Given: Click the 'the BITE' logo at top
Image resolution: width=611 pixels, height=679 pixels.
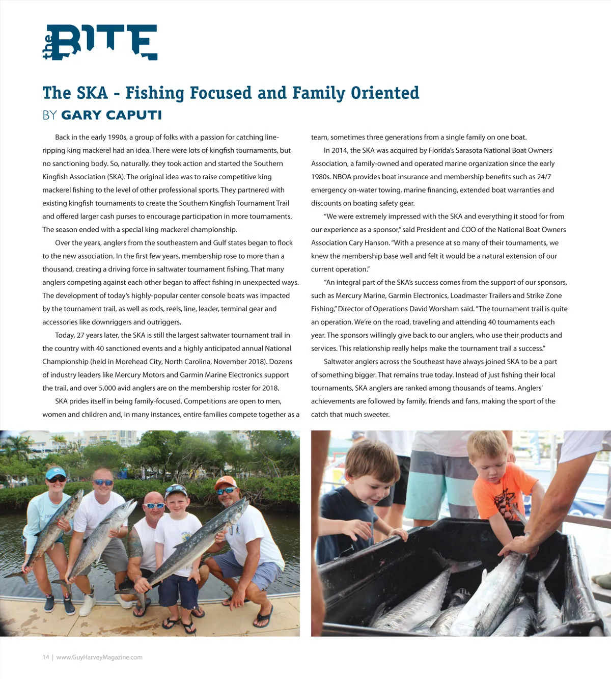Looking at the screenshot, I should pyautogui.click(x=100, y=42).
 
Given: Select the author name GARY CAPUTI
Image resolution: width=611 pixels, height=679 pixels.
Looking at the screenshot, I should pyautogui.click(x=112, y=115).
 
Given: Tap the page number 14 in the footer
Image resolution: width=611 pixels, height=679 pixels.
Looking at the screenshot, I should pyautogui.click(x=46, y=657).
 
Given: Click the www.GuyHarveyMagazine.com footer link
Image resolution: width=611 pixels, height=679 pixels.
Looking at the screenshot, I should pyautogui.click(x=99, y=657).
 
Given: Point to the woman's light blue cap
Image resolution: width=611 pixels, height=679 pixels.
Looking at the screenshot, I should pyautogui.click(x=55, y=473).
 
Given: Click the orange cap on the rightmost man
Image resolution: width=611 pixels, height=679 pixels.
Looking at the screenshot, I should pyautogui.click(x=226, y=482).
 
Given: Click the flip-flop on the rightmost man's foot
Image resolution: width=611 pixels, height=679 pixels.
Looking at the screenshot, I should pyautogui.click(x=264, y=617).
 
